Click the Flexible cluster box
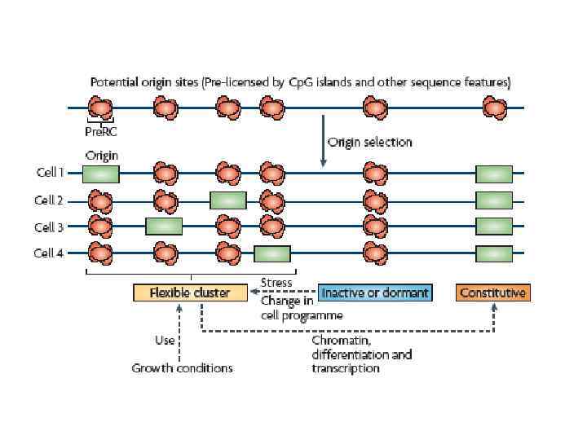tap(190, 293)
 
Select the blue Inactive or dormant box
tap(374, 293)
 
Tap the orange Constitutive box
tap(492, 293)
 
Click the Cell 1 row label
tap(49, 173)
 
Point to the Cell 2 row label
tap(49, 200)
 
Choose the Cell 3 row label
tap(49, 227)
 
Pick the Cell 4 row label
tap(49, 253)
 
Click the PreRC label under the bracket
tap(101, 130)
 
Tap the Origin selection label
tap(369, 142)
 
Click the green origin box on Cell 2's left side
tap(227, 200)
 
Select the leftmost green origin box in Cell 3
tap(164, 227)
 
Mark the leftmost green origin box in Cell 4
tap(272, 253)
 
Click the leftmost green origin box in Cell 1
tap(101, 174)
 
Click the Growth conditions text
tap(182, 368)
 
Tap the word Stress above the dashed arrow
tap(276, 283)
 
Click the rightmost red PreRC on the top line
tap(493, 107)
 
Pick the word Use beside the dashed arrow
tap(164, 340)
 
